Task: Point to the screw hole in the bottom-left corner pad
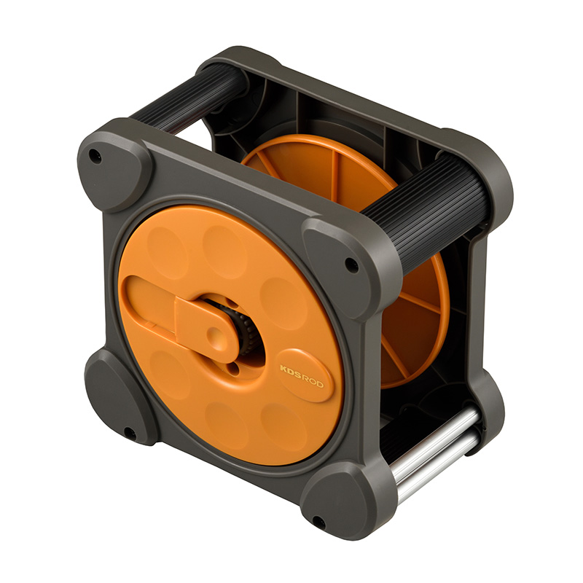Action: click(128, 432)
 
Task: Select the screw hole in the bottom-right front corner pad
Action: click(318, 521)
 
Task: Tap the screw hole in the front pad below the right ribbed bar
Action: click(351, 265)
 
